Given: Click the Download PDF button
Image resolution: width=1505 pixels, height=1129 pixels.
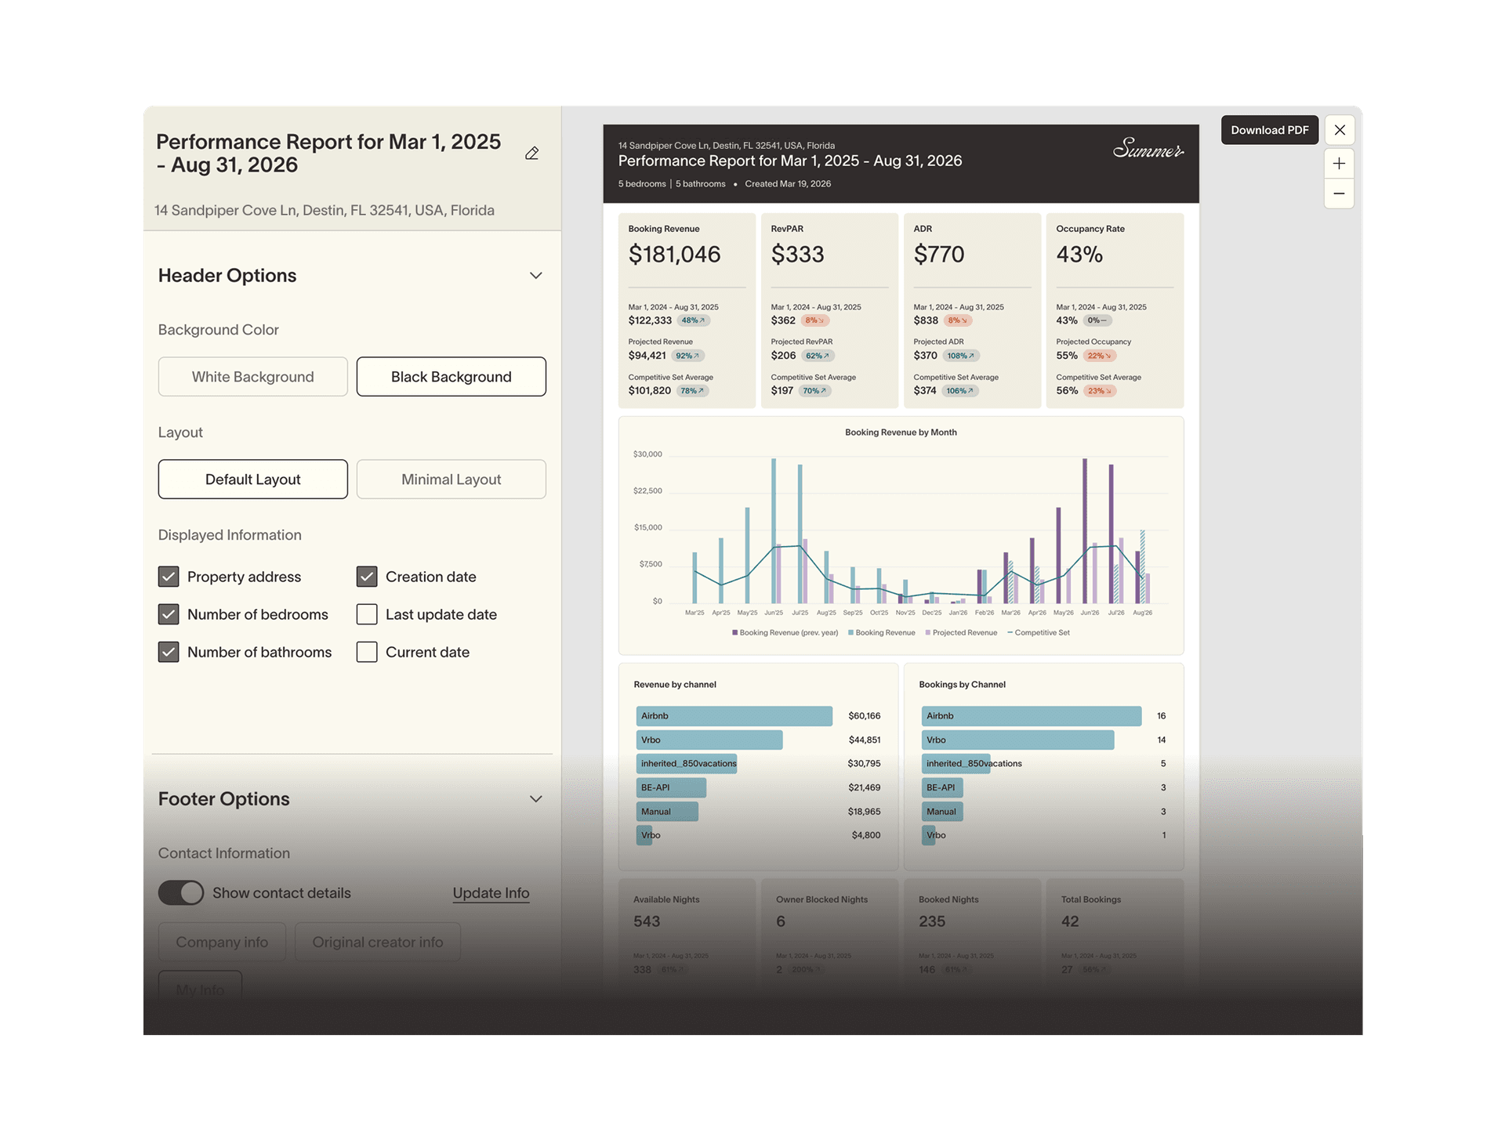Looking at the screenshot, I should (1269, 130).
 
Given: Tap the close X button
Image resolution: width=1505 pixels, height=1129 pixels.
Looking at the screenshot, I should (1340, 130).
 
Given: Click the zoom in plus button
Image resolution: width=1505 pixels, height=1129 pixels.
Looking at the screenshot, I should (1339, 164).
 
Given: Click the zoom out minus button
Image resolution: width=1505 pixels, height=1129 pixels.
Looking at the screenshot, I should (1339, 194).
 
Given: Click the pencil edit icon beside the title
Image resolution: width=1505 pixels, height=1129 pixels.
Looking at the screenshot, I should (532, 154).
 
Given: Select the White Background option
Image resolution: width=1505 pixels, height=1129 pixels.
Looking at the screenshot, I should (252, 377).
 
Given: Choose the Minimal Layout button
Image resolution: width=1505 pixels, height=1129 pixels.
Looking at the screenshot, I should (451, 479).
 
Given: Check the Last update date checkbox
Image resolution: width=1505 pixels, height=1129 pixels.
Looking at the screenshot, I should (367, 614).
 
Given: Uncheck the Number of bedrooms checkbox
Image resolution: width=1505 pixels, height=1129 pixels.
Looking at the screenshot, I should (169, 614).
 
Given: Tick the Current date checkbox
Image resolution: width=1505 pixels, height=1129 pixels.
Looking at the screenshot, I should (367, 652).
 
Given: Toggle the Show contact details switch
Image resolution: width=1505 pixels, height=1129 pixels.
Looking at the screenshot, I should (181, 893).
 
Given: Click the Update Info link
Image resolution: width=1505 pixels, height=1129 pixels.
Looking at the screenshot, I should (491, 893).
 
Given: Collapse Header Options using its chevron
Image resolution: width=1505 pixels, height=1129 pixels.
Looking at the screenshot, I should (536, 276).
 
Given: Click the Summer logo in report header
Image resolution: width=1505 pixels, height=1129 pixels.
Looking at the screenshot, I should (1148, 149).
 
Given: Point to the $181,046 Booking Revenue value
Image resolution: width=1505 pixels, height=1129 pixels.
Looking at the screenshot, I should (674, 255).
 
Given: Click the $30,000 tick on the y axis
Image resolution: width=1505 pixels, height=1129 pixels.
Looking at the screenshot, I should (647, 454).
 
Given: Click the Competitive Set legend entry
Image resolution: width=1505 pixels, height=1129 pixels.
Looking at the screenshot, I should (1041, 633).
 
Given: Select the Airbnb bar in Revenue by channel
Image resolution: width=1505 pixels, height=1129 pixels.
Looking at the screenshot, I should (734, 716).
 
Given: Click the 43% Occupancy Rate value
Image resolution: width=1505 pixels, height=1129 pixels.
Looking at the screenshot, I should (1079, 255).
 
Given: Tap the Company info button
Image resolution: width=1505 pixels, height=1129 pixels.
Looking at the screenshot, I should (222, 943).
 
